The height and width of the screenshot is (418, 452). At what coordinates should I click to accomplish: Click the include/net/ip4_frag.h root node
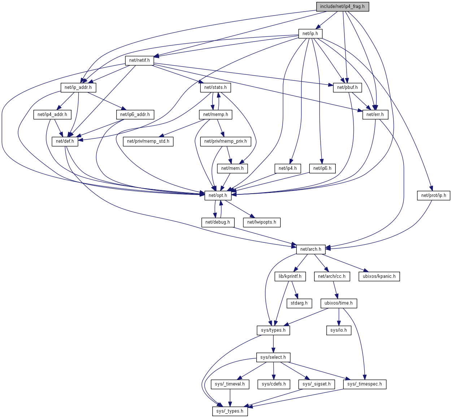pos(343,7)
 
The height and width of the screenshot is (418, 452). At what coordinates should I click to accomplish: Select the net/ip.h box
pos(310,34)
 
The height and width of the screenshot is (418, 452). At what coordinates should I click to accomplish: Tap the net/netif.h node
pos(139,60)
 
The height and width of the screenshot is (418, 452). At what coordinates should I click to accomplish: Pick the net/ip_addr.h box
pos(78,87)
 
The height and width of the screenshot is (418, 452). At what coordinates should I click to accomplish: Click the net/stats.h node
pos(215,87)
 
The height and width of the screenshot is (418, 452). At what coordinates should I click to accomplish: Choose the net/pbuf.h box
pos(347,87)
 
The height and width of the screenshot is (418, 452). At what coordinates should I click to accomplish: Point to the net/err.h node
pos(375,115)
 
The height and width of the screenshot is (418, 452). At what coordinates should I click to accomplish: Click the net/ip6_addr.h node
pos(135,115)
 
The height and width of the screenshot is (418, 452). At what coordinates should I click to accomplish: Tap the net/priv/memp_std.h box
pos(148,141)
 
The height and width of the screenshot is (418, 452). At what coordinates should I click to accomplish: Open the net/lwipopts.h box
pos(262,222)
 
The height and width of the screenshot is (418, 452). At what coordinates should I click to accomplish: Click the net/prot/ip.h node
pos(434,195)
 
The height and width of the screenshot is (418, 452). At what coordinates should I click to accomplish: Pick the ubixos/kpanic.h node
pos(379,276)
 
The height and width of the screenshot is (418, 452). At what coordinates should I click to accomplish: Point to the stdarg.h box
pos(299,303)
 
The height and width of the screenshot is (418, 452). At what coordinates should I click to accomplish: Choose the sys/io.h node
pos(339,330)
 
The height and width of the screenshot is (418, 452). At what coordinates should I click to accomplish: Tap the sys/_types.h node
pos(230,411)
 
